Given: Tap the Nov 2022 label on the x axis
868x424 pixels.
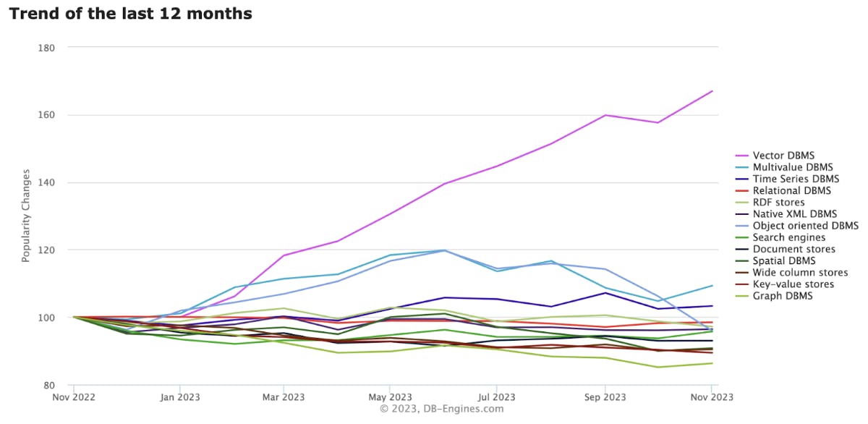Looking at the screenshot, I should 73,397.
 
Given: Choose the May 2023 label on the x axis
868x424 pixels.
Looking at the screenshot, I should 390,397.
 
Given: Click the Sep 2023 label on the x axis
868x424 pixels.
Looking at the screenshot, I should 605,397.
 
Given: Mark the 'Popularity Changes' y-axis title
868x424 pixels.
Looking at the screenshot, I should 26,216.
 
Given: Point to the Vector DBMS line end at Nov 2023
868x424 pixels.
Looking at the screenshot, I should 712,91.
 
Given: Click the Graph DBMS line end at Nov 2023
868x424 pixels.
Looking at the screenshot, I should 712,363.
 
